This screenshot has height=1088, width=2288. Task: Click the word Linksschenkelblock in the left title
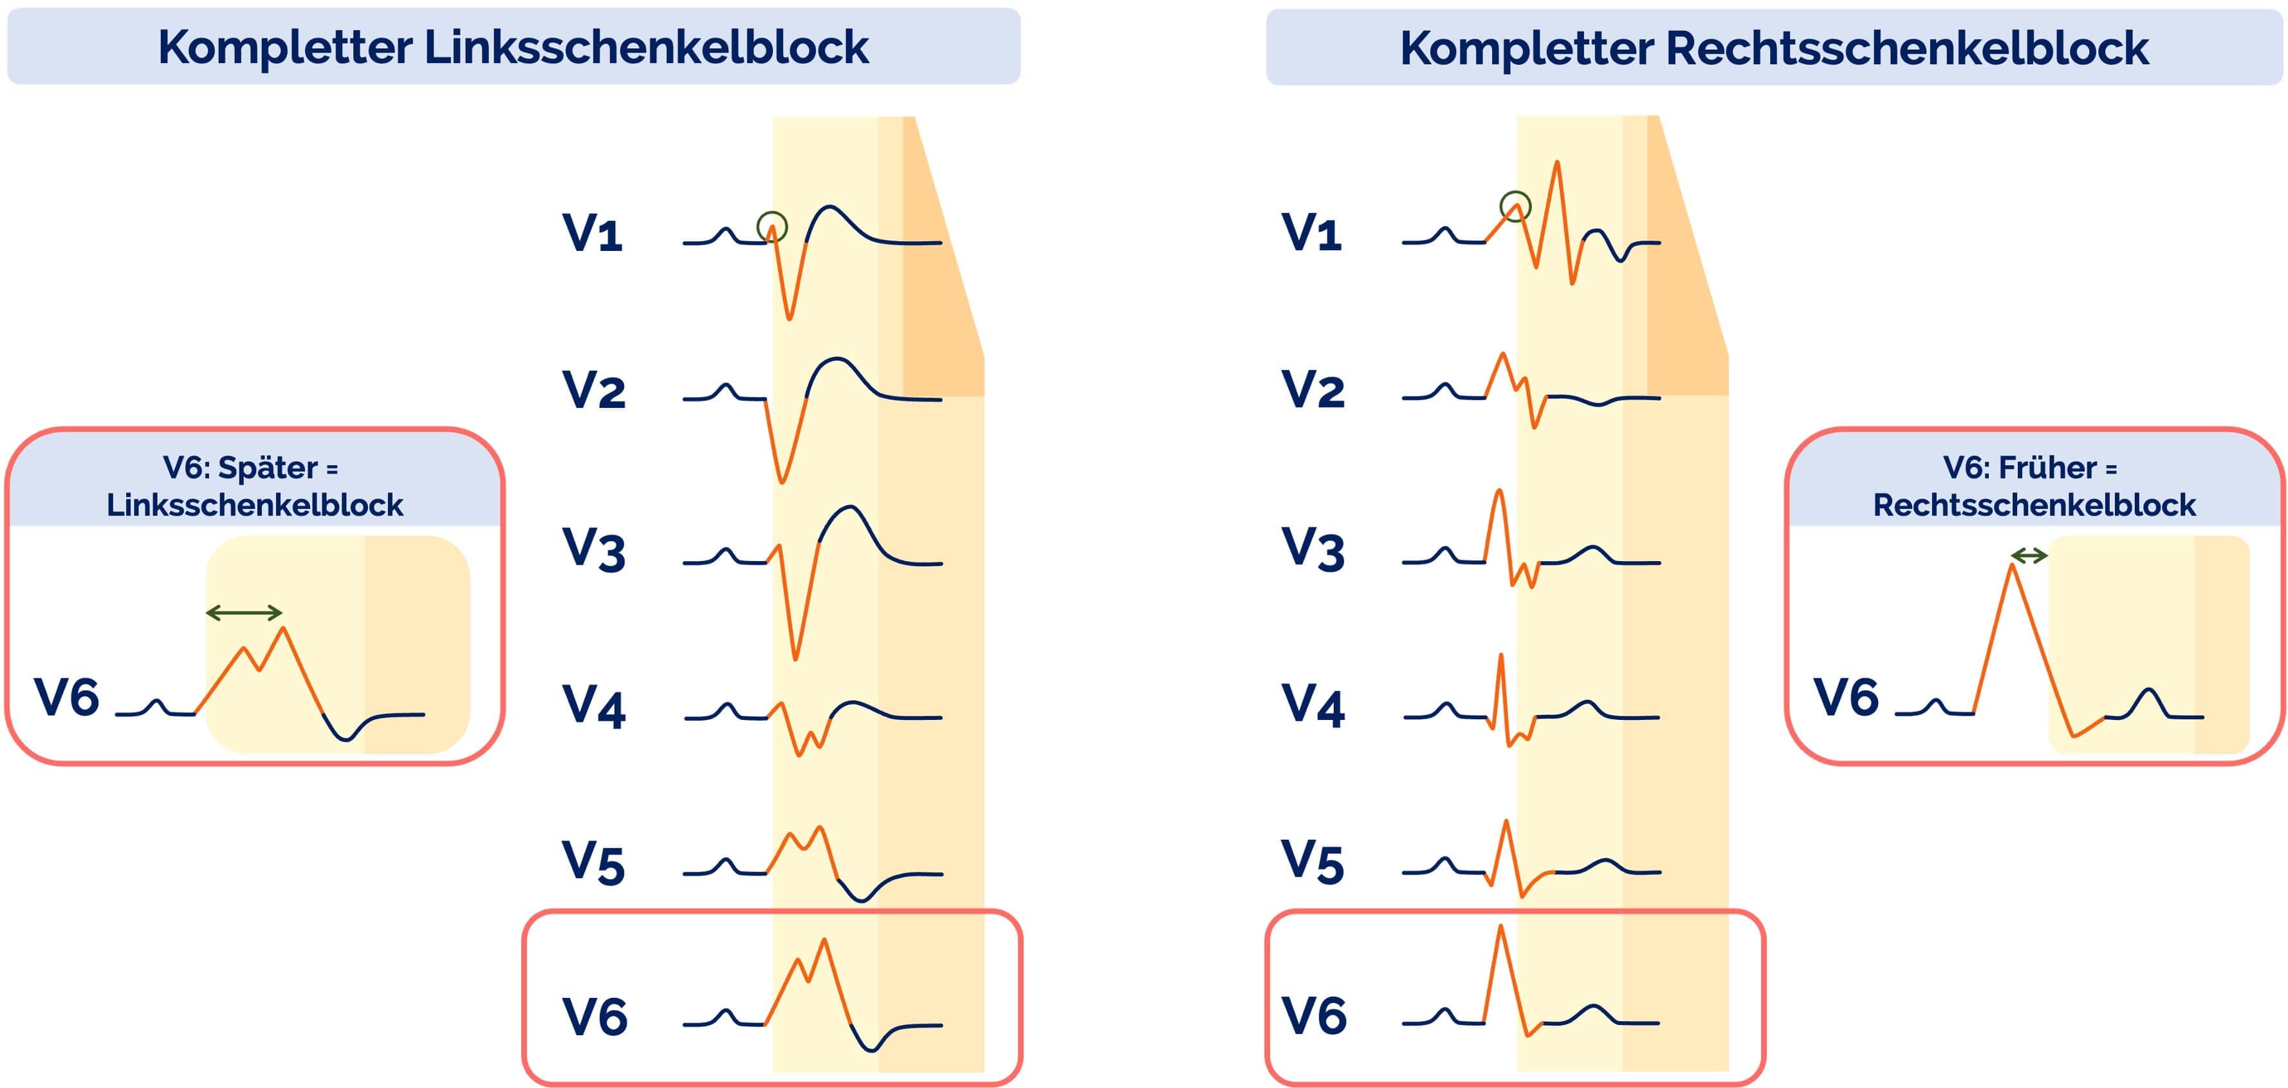(646, 48)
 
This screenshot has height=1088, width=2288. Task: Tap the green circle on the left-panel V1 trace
(772, 226)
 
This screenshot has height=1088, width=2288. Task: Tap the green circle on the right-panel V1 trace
(1515, 206)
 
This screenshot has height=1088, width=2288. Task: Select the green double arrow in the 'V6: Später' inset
(243, 612)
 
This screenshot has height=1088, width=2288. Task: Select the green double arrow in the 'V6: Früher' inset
(2029, 556)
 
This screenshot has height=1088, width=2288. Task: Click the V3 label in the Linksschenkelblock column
(593, 549)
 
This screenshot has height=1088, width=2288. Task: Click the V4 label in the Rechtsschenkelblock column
(1313, 705)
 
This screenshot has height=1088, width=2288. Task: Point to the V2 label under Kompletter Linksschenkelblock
(593, 391)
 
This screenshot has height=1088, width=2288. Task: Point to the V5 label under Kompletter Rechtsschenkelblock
(1313, 862)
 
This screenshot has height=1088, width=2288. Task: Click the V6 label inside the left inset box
(67, 697)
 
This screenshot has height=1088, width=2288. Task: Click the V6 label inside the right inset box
(1846, 697)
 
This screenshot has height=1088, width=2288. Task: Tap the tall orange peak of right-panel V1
(1556, 163)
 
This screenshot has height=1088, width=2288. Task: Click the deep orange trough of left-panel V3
(795, 658)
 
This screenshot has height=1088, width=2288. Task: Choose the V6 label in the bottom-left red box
(595, 1017)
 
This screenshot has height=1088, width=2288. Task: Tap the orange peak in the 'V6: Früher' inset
(2012, 566)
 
